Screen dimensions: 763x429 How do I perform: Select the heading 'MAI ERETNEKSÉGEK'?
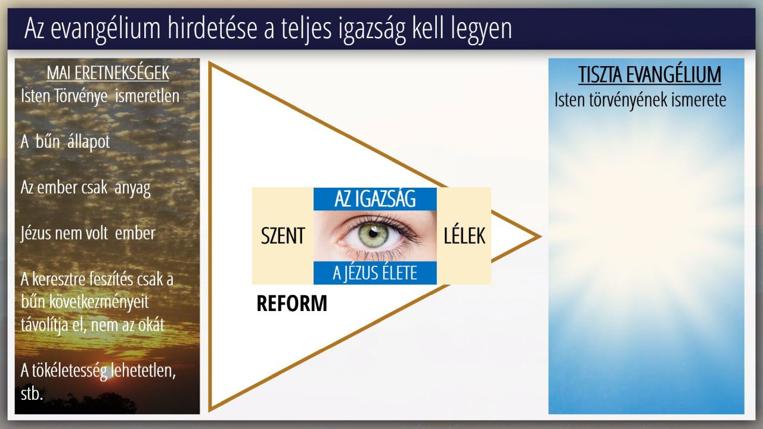tap(108, 73)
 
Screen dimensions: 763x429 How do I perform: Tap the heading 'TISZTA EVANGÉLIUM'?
tap(650, 74)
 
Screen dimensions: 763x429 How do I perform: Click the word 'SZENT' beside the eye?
tap(283, 235)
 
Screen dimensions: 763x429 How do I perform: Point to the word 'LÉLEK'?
tap(464, 235)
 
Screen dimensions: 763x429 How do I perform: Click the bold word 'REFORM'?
tap(291, 303)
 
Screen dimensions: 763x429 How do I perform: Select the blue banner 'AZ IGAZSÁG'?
tap(375, 199)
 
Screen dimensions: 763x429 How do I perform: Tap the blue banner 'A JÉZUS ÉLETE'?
tap(375, 273)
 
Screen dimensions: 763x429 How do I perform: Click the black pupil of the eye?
tap(373, 234)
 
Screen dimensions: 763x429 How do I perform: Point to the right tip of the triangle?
tap(541, 237)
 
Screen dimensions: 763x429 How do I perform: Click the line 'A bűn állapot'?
tap(65, 142)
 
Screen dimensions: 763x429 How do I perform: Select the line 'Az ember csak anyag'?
tap(85, 188)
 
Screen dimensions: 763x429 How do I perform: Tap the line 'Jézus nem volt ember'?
tap(88, 234)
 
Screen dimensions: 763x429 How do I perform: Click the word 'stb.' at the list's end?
tap(32, 394)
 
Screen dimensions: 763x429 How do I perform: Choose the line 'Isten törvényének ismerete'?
tap(640, 100)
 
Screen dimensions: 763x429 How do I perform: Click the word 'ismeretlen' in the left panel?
tap(147, 96)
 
